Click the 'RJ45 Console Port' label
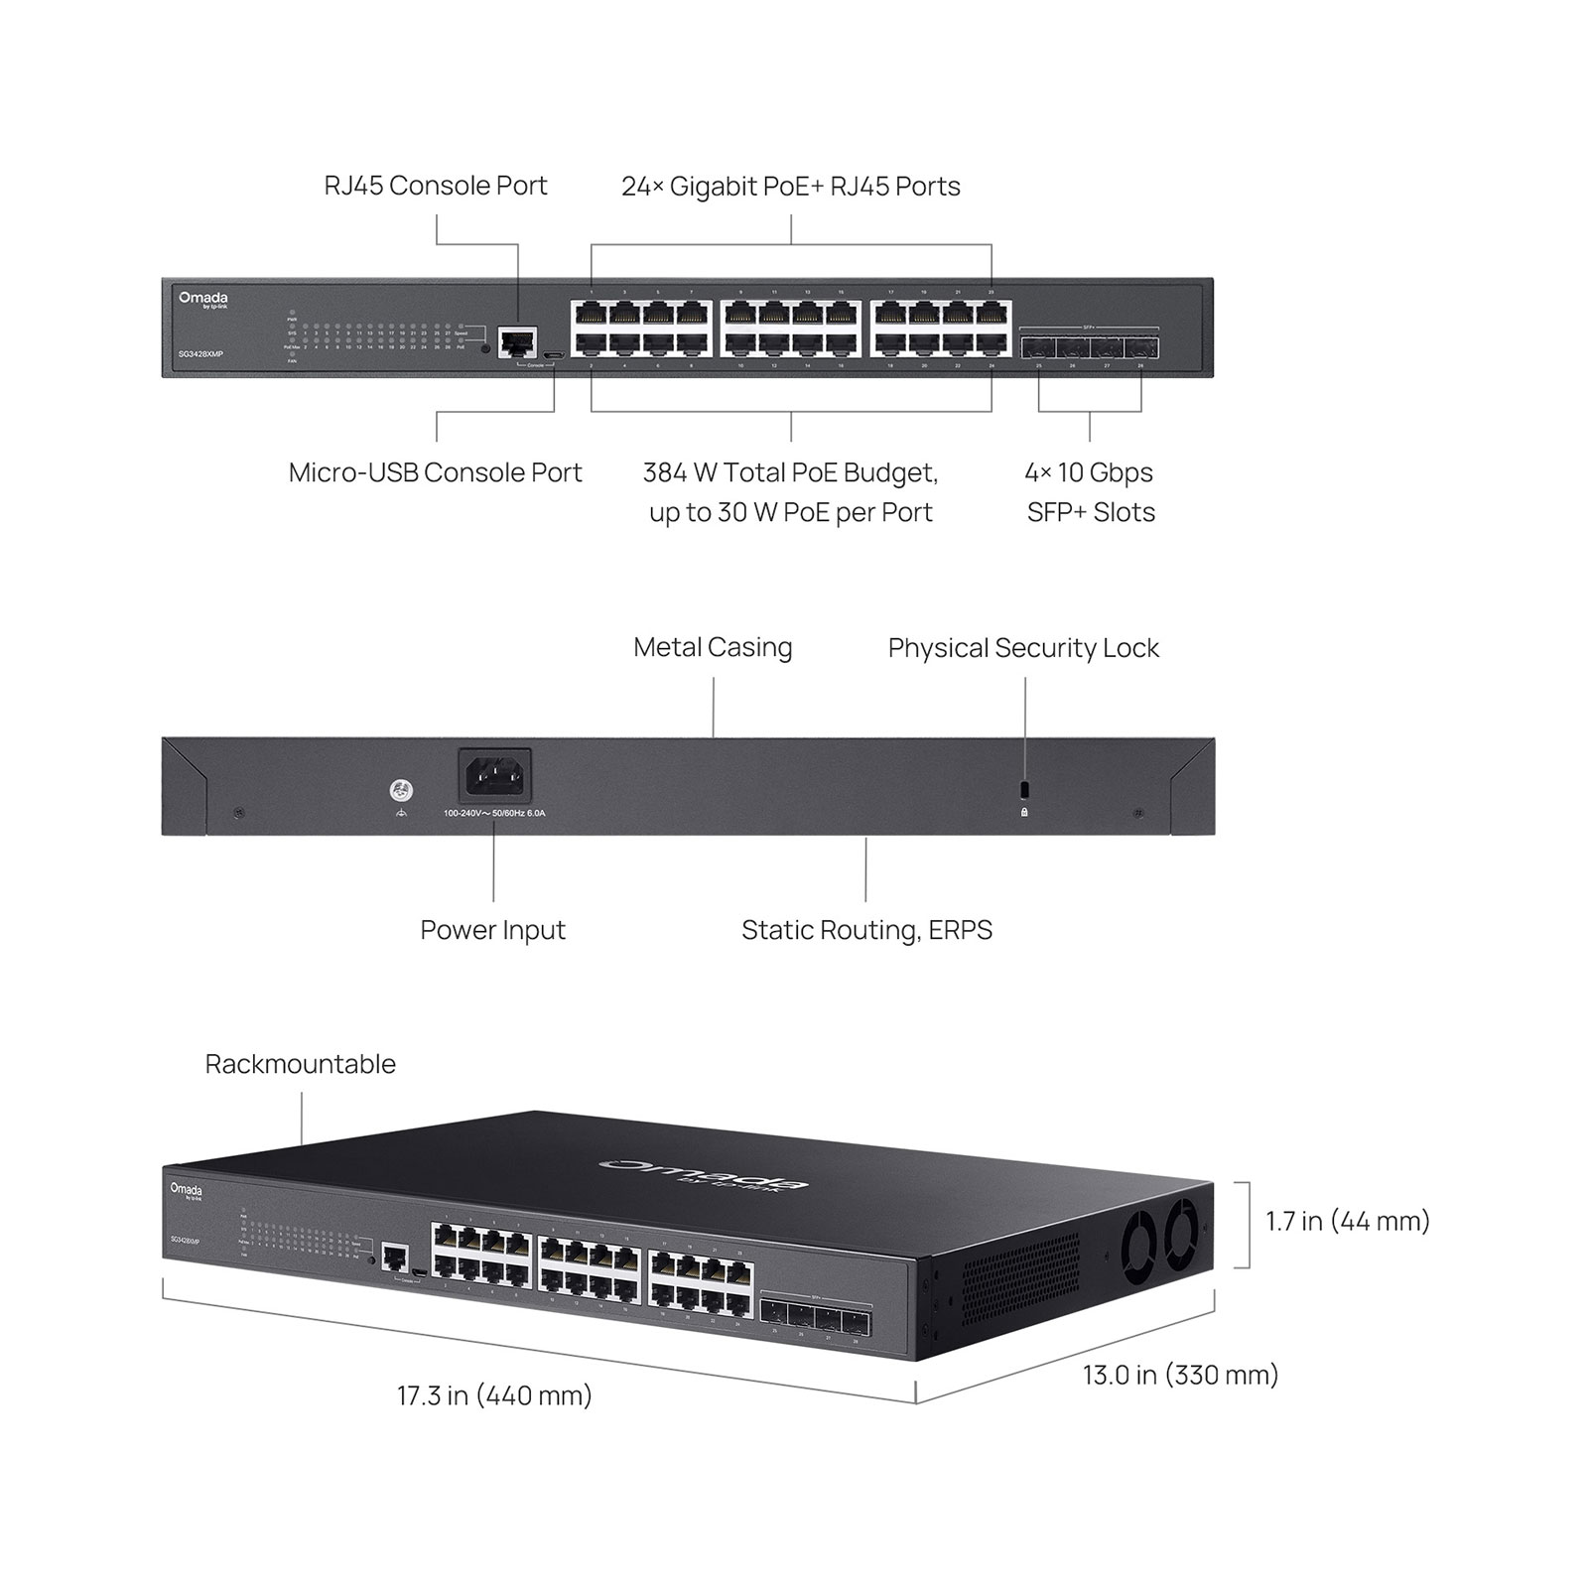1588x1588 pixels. point(436,186)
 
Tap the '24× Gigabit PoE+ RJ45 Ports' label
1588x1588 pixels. point(790,187)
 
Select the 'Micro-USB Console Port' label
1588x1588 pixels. point(435,472)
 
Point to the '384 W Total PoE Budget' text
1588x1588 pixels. point(790,472)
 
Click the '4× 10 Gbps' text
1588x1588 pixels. point(1089,472)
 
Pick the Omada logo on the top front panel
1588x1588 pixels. point(203,299)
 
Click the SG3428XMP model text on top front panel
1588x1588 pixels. point(200,354)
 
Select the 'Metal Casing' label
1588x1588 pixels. point(713,648)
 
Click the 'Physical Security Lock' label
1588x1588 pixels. point(1023,648)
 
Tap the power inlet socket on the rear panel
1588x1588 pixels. point(494,775)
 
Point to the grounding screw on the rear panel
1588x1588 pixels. point(401,791)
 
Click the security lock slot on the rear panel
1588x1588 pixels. point(1024,790)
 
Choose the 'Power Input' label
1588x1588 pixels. point(492,930)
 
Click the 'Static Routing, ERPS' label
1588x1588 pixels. point(866,930)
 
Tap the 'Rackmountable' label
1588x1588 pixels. point(300,1064)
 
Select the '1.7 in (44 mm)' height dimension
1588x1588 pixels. point(1347,1221)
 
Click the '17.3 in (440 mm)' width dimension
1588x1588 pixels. point(494,1395)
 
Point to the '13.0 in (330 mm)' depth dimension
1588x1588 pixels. point(1180,1375)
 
